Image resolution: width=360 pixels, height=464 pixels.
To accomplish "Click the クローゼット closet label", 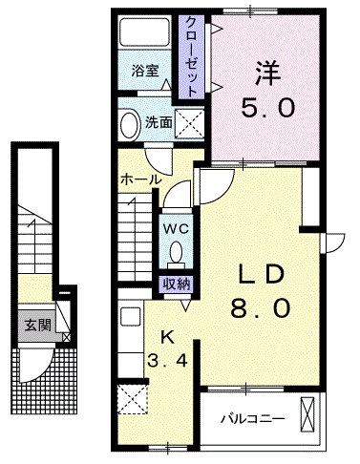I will tap(191, 56).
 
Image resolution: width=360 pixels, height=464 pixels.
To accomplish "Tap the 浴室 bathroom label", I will tap(144, 71).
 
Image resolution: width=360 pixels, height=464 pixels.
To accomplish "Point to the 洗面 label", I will tap(158, 122).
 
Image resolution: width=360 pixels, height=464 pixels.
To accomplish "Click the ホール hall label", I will tap(140, 179).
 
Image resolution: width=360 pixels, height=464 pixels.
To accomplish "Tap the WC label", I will tap(174, 229).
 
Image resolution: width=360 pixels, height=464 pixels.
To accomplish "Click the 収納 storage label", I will tap(176, 282).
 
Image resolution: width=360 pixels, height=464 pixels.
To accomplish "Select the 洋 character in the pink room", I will tap(266, 74).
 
